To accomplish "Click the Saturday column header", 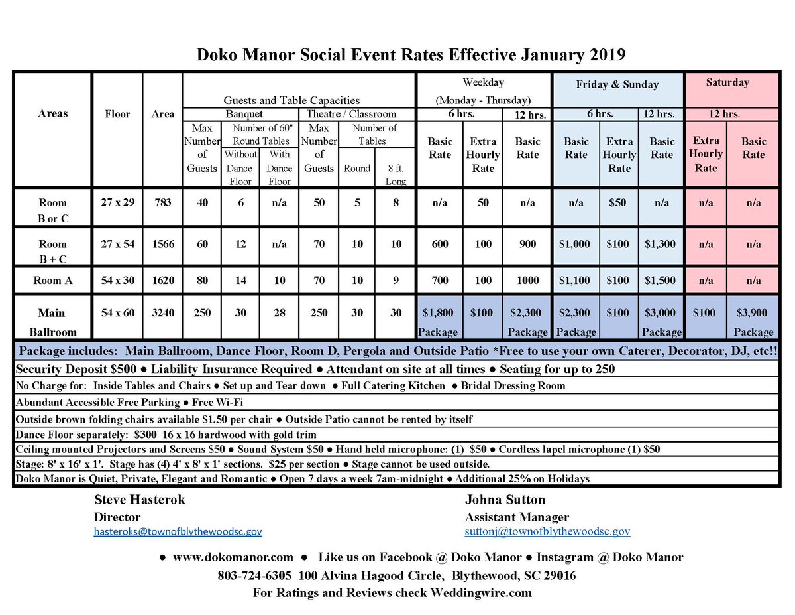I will (x=727, y=83).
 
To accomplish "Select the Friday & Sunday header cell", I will (x=617, y=84).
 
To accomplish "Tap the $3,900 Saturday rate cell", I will (x=753, y=312).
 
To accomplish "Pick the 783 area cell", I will (x=162, y=202).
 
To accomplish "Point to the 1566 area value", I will (x=162, y=244).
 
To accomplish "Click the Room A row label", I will (x=52, y=281).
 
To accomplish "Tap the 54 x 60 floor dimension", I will (x=117, y=312).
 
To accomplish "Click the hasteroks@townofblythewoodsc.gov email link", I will (x=178, y=531).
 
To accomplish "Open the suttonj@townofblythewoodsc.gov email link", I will (x=547, y=531).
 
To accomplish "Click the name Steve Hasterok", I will (x=140, y=500).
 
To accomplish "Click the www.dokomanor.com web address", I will (x=233, y=557).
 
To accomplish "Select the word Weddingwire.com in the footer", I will (x=481, y=592).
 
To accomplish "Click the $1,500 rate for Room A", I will (x=661, y=281).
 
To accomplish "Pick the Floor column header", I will (x=117, y=113).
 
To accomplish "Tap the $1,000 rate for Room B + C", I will (x=574, y=244).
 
